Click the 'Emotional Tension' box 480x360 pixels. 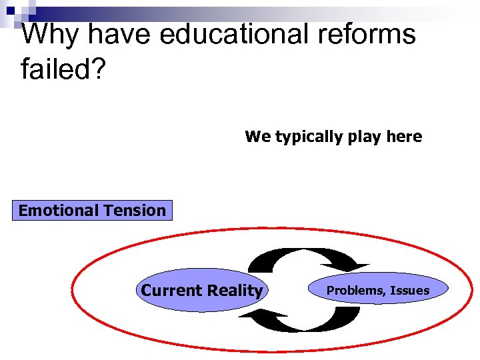point(92,211)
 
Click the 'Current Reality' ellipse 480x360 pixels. point(201,291)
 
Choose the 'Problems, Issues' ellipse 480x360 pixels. point(378,291)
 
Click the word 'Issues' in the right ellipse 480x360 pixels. point(410,291)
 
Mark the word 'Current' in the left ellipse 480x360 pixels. point(169,291)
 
